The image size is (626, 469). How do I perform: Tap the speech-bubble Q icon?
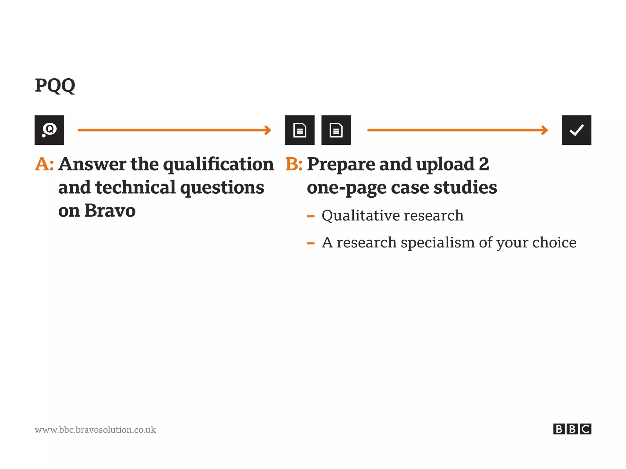tap(49, 130)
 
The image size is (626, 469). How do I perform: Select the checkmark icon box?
tap(576, 130)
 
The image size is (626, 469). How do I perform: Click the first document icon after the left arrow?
tap(300, 130)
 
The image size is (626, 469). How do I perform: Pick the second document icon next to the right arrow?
tap(336, 130)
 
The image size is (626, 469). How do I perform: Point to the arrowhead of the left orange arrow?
tap(268, 130)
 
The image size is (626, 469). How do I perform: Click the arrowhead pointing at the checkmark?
tap(544, 130)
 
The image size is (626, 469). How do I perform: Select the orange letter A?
tap(44, 164)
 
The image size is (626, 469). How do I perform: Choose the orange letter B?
tap(294, 164)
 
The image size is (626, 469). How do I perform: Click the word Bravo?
tap(110, 211)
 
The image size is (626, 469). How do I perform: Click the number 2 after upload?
tap(484, 164)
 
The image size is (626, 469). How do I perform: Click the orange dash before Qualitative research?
tap(311, 217)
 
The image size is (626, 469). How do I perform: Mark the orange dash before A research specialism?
tap(311, 244)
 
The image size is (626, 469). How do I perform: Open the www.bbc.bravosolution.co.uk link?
tap(95, 430)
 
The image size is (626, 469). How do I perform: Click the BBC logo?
tap(572, 429)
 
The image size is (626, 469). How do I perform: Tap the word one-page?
tap(346, 188)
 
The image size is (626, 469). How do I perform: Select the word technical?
tap(135, 188)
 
